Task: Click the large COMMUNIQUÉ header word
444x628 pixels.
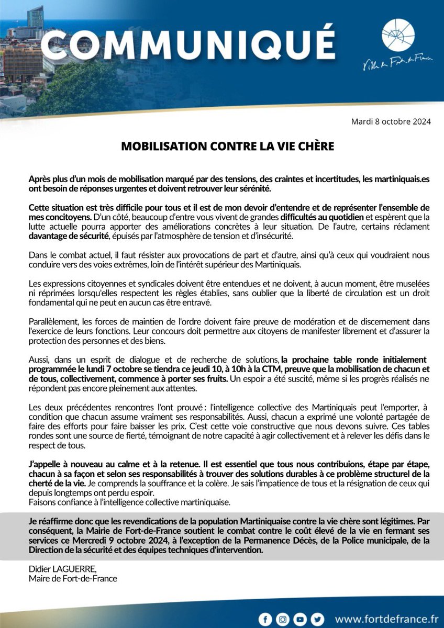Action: click(187, 46)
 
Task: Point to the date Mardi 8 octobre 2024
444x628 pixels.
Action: click(391, 121)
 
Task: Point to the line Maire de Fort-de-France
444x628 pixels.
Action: click(73, 578)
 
